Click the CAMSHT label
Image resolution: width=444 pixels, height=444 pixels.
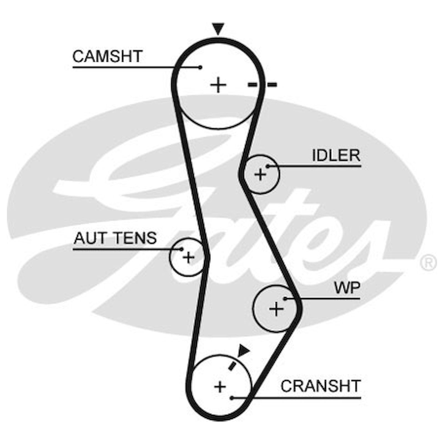107,56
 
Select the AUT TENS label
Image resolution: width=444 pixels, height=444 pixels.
115,238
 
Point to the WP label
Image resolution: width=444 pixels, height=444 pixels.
347,288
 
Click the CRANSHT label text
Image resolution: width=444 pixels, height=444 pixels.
321,386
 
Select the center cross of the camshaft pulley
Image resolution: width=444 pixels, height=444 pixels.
218,85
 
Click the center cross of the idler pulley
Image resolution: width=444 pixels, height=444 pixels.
260,175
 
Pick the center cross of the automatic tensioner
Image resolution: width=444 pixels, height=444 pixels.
188,258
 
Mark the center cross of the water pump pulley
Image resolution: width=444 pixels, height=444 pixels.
276,309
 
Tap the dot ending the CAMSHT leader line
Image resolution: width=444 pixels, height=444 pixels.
200,67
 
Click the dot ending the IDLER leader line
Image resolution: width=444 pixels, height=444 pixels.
268,167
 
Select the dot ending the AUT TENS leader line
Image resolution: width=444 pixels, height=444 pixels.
182,249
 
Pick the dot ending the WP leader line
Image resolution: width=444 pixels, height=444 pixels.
285,299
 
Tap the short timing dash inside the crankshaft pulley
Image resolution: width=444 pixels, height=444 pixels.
232,366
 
